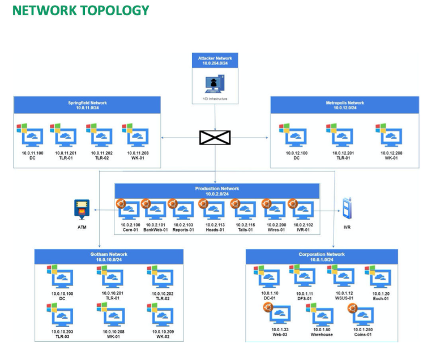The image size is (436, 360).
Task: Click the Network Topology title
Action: (81, 10)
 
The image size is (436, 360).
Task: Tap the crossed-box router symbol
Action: (215, 137)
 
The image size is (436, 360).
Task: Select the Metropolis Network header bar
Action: (345, 105)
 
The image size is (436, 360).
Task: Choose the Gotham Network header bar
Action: (109, 257)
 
